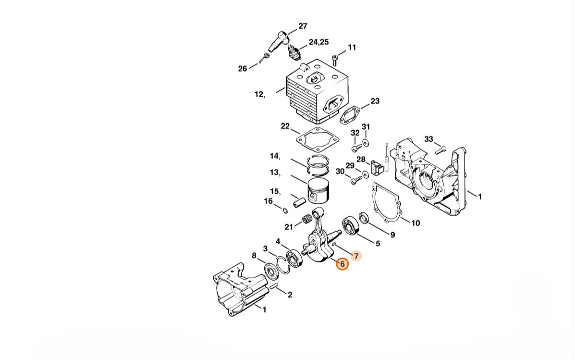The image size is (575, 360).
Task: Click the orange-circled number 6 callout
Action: (343, 264)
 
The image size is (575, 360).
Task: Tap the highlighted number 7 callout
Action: (356, 256)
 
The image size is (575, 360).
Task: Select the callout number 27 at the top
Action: (303, 26)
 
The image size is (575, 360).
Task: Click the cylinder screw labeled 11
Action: (334, 60)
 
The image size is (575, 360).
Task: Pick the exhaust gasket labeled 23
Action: (350, 115)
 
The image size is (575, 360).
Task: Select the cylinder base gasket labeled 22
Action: (317, 139)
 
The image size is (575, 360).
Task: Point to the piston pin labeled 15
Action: (299, 202)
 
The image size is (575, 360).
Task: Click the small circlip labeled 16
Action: (285, 211)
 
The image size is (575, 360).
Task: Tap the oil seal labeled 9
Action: (364, 218)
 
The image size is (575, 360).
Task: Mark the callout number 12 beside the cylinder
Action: (259, 94)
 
